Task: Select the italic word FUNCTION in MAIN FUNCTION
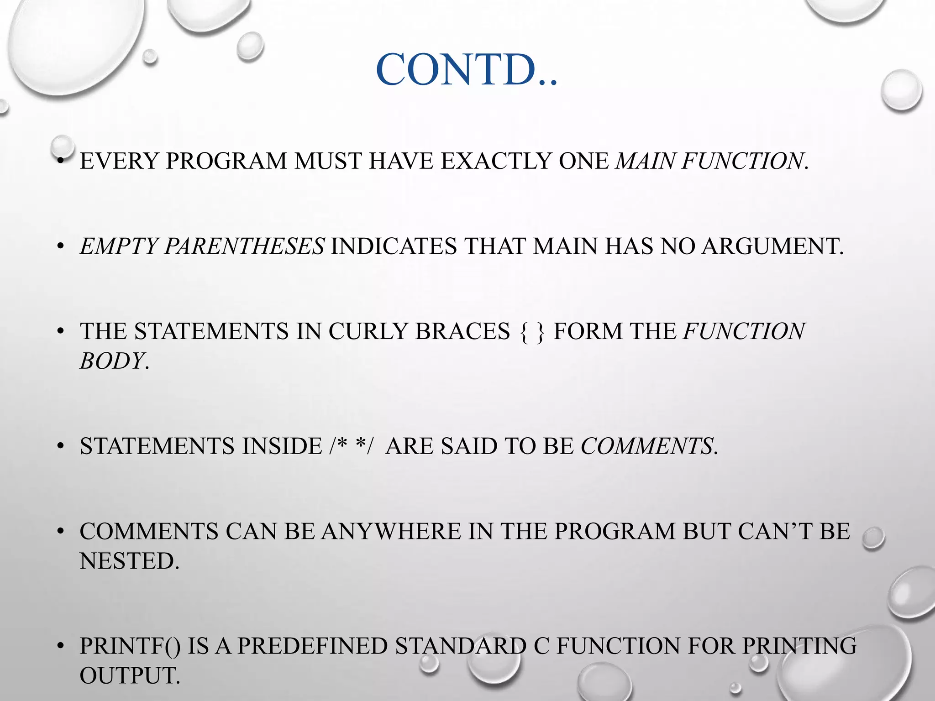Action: point(742,161)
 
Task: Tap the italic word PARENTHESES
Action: point(244,246)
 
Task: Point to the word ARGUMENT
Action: point(772,246)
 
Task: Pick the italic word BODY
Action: point(112,361)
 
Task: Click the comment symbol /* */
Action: point(351,446)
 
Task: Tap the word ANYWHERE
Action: point(391,532)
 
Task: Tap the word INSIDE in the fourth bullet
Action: point(282,446)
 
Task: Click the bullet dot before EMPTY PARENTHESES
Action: point(60,247)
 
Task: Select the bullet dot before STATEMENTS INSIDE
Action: point(60,447)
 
